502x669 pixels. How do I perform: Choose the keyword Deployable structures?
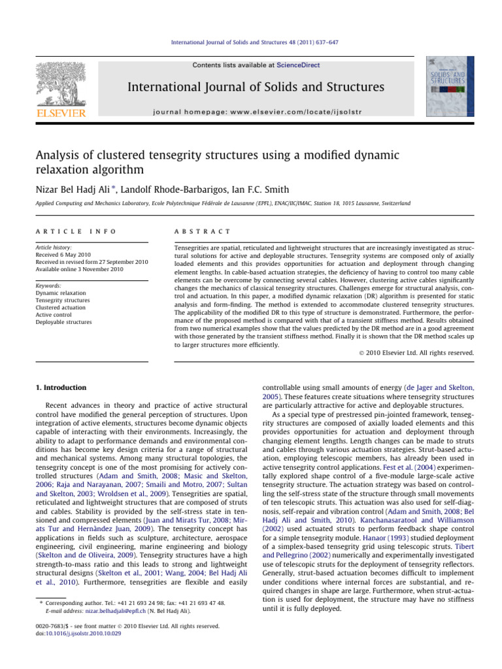coord(64,322)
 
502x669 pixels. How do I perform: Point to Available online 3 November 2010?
coord(78,270)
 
